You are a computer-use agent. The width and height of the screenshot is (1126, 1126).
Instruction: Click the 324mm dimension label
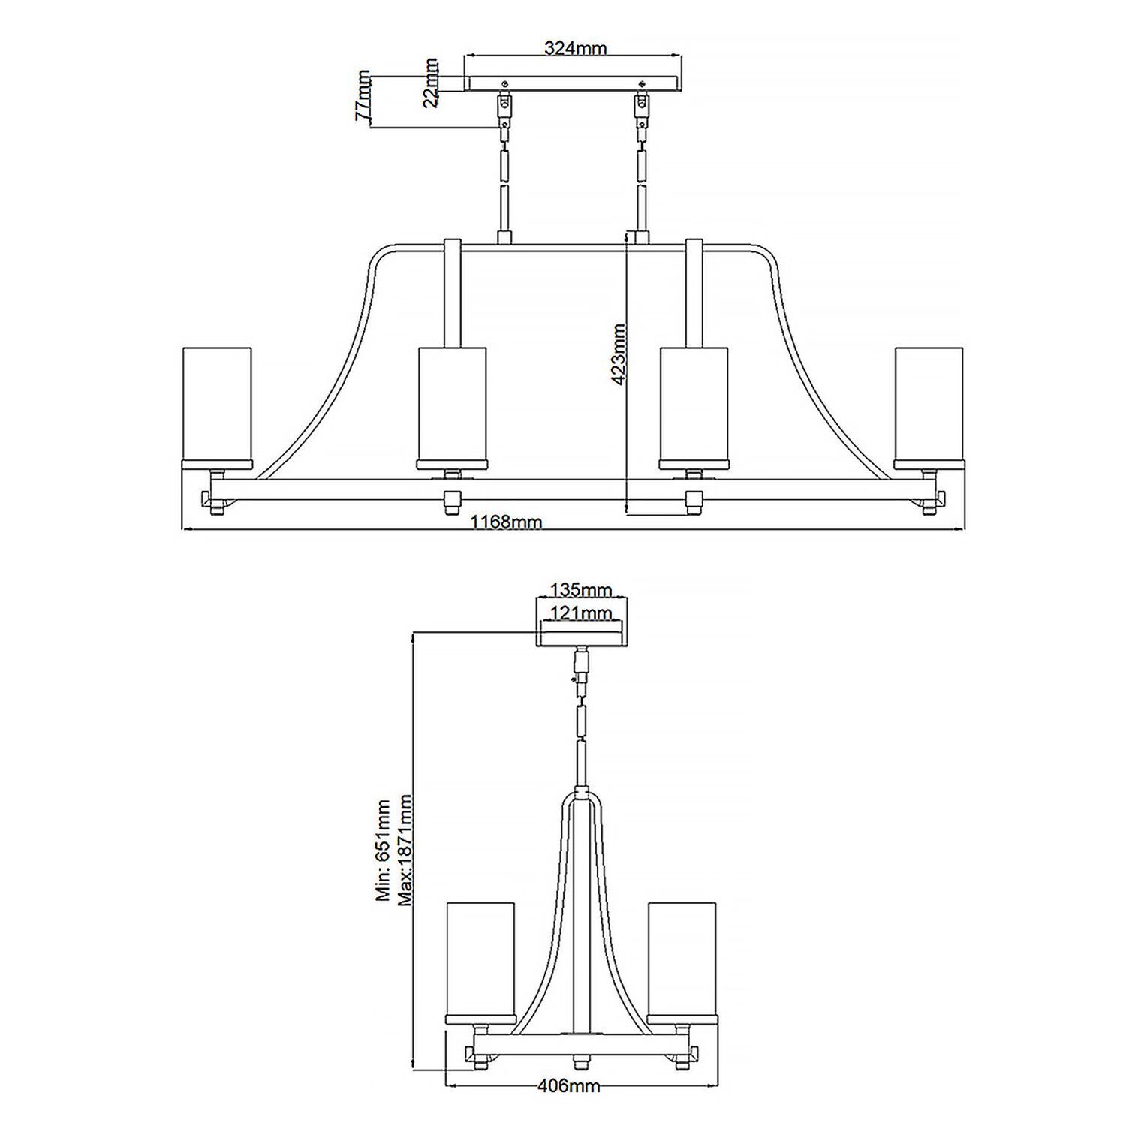coord(574,48)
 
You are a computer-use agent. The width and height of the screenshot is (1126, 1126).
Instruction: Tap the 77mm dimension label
coord(363,95)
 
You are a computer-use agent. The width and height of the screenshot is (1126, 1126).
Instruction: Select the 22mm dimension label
coord(431,83)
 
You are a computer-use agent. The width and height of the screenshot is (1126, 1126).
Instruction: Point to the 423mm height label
coord(619,354)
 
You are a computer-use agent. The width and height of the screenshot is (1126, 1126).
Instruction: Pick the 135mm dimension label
coord(581,589)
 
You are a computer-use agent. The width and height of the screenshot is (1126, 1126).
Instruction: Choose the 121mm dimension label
coord(581,613)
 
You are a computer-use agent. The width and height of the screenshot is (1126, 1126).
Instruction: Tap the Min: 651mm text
coord(384,850)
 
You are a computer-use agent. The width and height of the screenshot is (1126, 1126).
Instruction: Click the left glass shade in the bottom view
coord(480,961)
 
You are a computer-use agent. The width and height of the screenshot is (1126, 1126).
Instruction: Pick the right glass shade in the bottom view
coord(682,961)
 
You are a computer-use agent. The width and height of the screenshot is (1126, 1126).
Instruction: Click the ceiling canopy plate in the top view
coord(574,83)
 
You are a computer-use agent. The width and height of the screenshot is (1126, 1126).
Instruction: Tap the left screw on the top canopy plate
coord(505,83)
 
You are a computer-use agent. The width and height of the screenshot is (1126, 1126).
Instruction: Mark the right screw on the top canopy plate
coord(641,83)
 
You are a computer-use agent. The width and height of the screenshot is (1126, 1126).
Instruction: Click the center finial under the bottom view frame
coord(580,1061)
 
